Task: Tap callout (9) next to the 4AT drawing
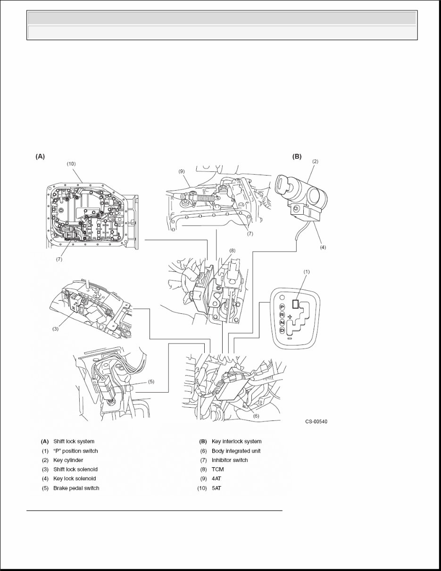[182, 172]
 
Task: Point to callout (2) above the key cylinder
[315, 161]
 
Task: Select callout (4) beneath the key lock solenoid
[323, 246]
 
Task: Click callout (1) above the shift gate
[307, 272]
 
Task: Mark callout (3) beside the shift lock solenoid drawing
[55, 329]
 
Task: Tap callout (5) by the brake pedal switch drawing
[151, 381]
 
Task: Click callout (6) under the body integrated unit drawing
[256, 416]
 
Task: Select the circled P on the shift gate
[282, 307]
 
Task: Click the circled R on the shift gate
[282, 314]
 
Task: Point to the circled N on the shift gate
[282, 322]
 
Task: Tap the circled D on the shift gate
[282, 330]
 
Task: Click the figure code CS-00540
[316, 422]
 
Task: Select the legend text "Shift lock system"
[74, 441]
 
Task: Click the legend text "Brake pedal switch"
[76, 488]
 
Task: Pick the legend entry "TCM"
[217, 470]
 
